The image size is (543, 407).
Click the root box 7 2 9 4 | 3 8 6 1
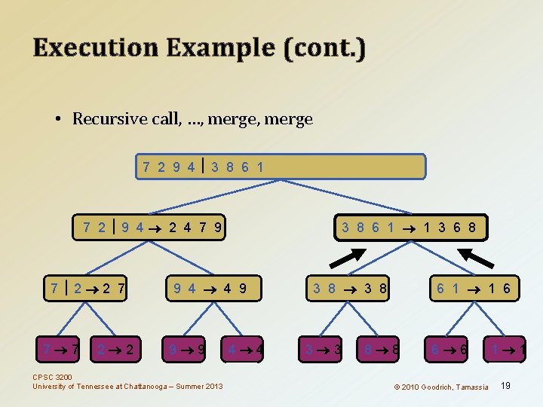click(x=281, y=167)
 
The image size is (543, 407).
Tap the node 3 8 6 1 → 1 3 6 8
click(x=409, y=227)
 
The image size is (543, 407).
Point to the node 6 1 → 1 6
click(x=473, y=288)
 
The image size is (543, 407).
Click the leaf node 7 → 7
click(x=61, y=350)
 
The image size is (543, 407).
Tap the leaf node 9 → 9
click(x=188, y=350)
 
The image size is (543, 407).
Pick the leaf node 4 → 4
click(x=244, y=350)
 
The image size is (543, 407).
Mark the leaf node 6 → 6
click(x=448, y=350)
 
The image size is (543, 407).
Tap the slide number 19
click(x=505, y=386)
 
